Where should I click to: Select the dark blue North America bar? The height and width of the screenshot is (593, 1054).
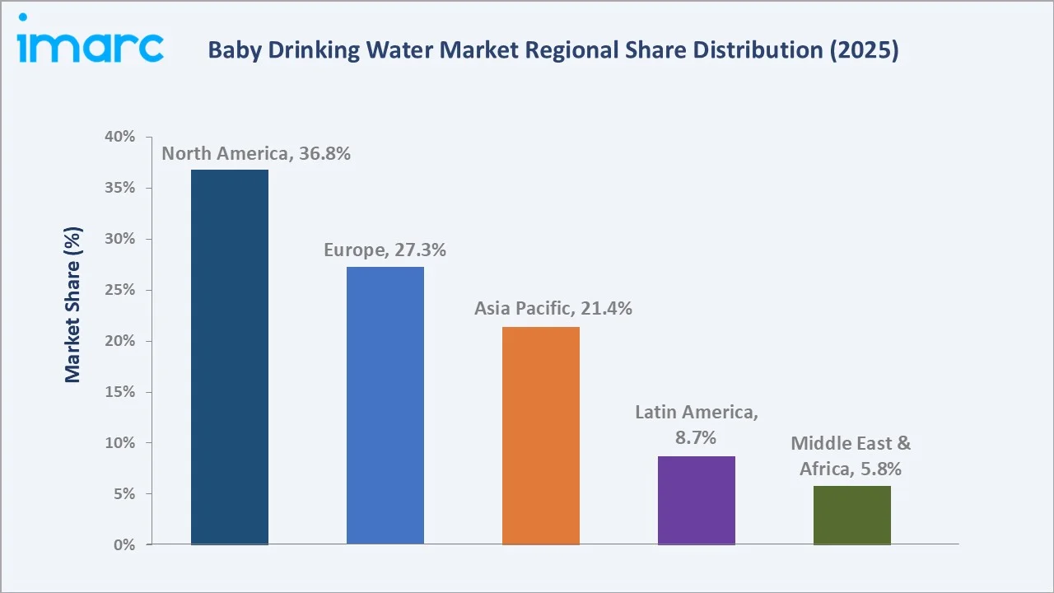point(230,357)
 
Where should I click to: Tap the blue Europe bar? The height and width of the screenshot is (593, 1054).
point(385,405)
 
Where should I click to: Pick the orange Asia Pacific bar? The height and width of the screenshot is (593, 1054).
point(541,436)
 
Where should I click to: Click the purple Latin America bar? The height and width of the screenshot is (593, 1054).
point(697,500)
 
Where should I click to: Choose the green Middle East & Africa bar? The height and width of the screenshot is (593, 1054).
point(852,515)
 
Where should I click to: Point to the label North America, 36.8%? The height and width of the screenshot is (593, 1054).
point(256,153)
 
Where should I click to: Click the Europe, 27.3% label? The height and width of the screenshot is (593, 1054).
point(385,250)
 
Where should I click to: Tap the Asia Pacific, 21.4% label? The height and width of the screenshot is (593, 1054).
point(553,309)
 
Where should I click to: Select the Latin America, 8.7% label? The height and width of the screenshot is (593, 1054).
point(697,425)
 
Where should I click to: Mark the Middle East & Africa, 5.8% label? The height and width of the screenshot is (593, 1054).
point(851,455)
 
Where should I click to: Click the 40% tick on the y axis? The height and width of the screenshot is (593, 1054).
point(120,137)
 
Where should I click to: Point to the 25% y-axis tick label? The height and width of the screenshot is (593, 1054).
point(120,290)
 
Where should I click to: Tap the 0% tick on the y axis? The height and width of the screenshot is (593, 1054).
point(124,545)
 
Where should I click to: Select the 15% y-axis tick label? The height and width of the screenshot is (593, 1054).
point(120,392)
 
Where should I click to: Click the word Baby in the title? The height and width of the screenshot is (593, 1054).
point(231,51)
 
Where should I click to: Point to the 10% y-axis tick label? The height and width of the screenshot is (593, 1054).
point(120,443)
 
